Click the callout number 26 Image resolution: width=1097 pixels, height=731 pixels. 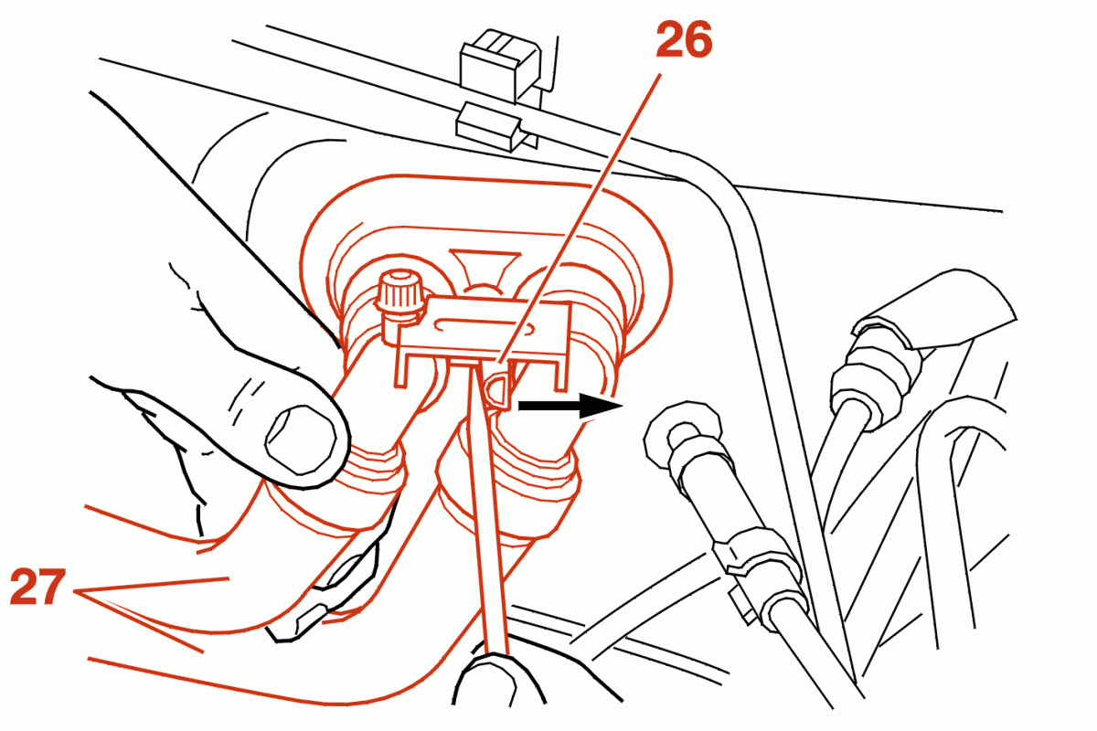point(684,40)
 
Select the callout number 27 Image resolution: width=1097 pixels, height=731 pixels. point(37,587)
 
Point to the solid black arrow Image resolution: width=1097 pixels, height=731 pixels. point(570,406)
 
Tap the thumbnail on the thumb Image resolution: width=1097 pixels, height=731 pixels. point(301,440)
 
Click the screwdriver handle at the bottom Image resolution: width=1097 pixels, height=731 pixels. point(499,681)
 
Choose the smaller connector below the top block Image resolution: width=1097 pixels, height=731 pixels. point(496,126)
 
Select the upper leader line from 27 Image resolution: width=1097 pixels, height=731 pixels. point(152,586)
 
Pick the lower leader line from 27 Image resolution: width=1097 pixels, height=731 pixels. point(139,622)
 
